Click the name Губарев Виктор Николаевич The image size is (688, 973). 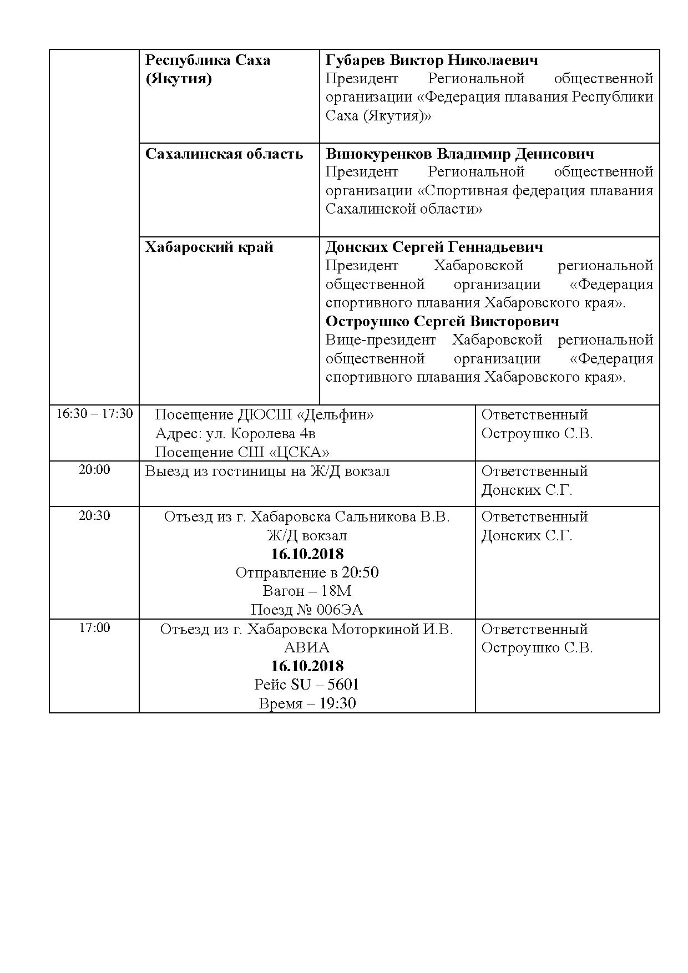[432, 60]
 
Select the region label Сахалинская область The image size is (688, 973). [224, 154]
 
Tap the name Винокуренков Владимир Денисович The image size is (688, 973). [459, 154]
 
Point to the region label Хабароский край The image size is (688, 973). [209, 247]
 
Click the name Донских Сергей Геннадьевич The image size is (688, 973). [434, 247]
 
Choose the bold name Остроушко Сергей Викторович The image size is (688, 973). [442, 322]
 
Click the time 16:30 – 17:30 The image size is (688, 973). [94, 414]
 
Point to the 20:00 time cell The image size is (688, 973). [94, 470]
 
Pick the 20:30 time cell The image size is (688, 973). [94, 515]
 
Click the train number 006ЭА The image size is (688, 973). [340, 610]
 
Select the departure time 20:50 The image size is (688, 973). [361, 572]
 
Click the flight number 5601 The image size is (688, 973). [343, 685]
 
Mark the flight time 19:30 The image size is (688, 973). [338, 704]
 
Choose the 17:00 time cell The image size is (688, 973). [94, 628]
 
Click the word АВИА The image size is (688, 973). [306, 647]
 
